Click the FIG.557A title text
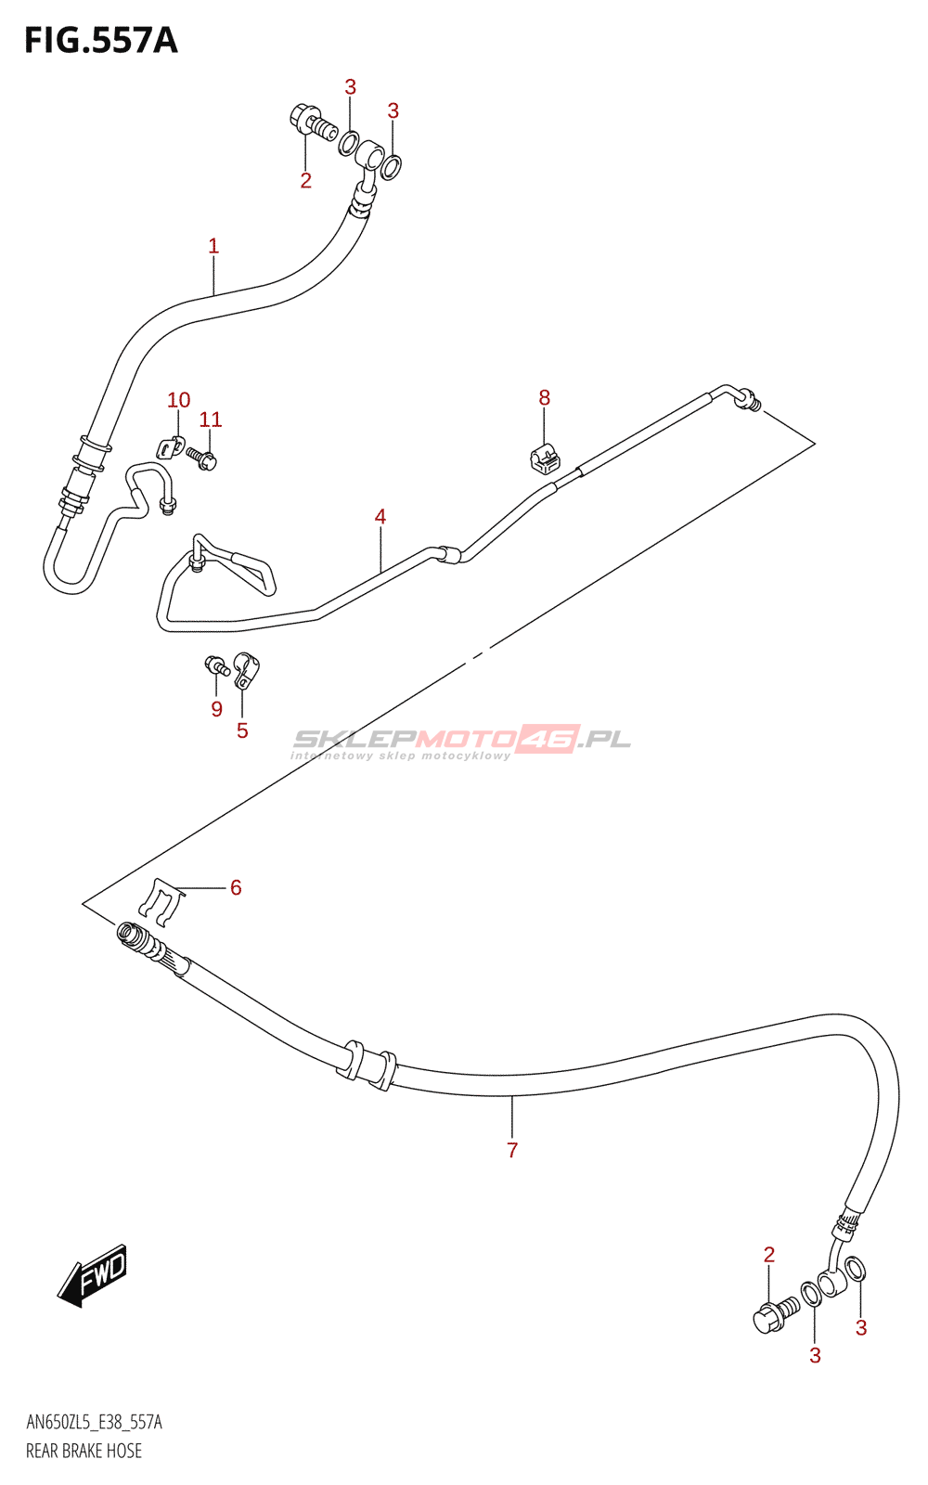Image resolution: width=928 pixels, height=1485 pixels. click(100, 41)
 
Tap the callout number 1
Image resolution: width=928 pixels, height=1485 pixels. click(213, 246)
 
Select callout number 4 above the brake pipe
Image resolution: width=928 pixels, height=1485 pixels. click(380, 516)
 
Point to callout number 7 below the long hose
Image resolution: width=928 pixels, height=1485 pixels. click(512, 1150)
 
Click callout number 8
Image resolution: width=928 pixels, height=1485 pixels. click(545, 397)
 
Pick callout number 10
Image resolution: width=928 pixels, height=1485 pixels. click(178, 400)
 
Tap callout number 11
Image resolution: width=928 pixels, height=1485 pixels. click(211, 420)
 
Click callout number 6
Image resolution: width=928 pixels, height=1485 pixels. click(236, 888)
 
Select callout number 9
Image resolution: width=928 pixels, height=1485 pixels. click(216, 709)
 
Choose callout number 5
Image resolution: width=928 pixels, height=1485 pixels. click(242, 730)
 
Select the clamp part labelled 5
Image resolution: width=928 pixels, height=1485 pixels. click(246, 669)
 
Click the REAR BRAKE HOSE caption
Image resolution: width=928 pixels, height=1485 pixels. click(84, 1451)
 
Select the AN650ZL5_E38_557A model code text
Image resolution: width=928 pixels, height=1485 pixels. click(94, 1423)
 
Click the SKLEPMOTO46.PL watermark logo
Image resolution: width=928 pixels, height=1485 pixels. click(461, 741)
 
